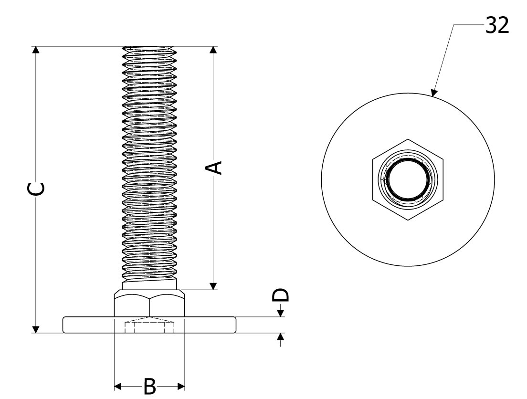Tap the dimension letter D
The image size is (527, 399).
(x=280, y=295)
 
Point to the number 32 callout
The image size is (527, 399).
(x=497, y=26)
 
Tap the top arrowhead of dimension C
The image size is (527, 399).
(x=35, y=51)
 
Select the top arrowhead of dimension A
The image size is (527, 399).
(x=213, y=51)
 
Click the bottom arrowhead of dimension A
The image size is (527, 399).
(x=213, y=285)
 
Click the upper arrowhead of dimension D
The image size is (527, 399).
(x=280, y=313)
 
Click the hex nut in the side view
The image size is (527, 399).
(x=149, y=304)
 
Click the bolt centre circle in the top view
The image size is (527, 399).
(x=408, y=180)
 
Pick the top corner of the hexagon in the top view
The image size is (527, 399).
(x=408, y=139)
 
